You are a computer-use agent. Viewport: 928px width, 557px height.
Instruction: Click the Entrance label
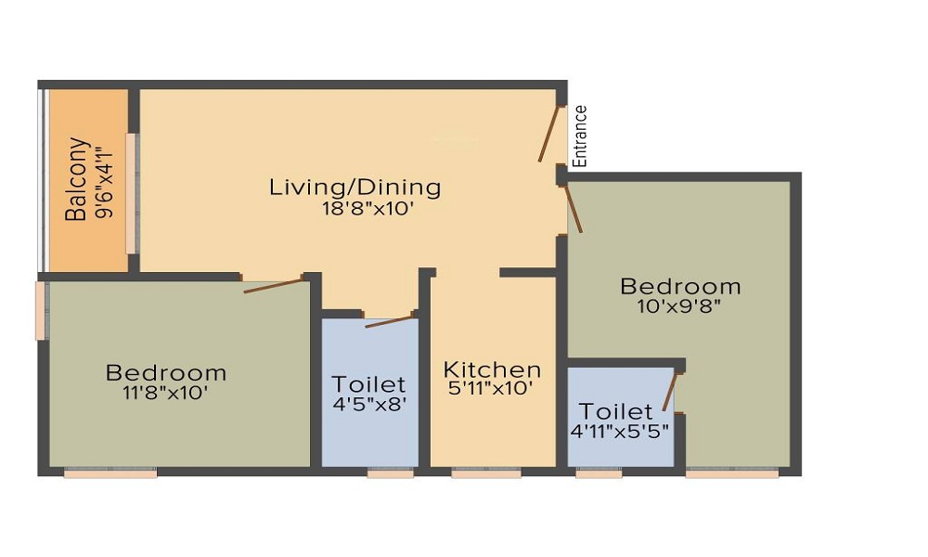[580, 136]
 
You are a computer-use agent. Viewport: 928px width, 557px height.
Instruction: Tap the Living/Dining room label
[355, 188]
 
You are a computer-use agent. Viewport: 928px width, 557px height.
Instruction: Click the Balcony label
[77, 179]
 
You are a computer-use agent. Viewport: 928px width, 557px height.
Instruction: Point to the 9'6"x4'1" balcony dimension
[103, 179]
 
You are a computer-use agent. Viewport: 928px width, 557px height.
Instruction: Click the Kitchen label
[492, 369]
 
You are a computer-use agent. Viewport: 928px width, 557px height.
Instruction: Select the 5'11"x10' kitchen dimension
[492, 389]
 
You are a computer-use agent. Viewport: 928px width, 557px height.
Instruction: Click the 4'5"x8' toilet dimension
[369, 404]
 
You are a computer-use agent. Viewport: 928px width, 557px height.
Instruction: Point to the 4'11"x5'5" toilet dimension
[621, 431]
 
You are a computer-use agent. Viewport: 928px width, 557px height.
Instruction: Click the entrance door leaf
[550, 135]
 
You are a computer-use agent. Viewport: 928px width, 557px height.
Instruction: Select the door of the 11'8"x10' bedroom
[274, 284]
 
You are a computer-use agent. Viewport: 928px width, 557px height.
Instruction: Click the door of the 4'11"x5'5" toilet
[670, 393]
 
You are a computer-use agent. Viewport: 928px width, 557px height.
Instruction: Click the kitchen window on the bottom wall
[486, 473]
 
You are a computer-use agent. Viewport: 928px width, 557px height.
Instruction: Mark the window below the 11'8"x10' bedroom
[110, 473]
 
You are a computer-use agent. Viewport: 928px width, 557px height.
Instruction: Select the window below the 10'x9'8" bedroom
[732, 473]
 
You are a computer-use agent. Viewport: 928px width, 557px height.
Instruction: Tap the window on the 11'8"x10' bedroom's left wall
[41, 311]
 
